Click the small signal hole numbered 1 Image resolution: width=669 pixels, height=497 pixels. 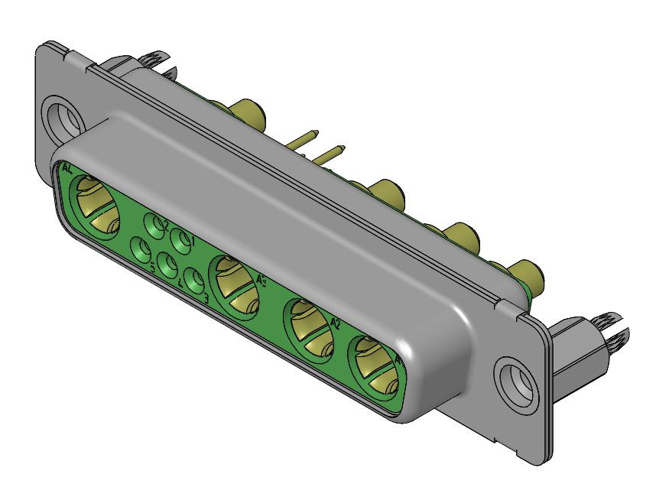(181, 239)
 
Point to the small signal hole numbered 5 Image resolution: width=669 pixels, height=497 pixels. (141, 249)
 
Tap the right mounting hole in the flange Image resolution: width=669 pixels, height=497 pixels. (512, 379)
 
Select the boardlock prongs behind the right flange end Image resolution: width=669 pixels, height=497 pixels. (610, 330)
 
